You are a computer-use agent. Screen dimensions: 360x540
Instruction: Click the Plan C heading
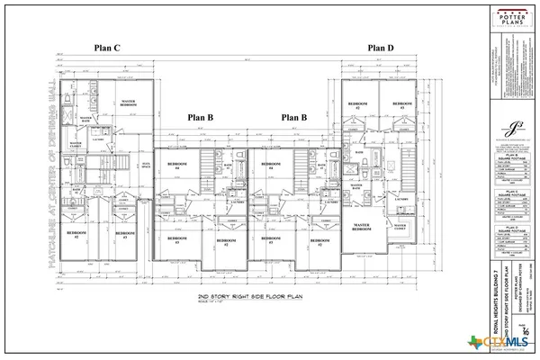tap(111, 48)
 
